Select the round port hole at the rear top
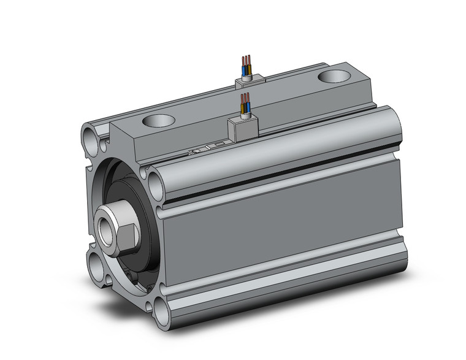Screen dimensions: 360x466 click(335, 76)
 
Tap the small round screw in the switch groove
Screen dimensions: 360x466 click(197, 150)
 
